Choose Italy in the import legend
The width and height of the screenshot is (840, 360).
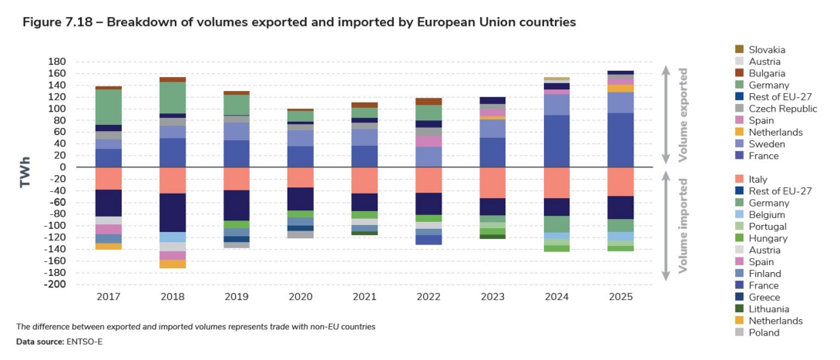[758, 180]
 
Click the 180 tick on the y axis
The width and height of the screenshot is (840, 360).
[56, 62]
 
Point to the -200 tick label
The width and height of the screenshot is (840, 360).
[53, 284]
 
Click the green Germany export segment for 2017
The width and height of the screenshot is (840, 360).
[109, 106]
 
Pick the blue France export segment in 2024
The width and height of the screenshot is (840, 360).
[556, 140]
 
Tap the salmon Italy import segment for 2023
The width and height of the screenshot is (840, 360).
[492, 183]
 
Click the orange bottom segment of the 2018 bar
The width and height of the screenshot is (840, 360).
[173, 264]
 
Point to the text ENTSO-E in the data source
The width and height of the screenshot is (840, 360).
[82, 341]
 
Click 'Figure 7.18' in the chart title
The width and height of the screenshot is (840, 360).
[54, 23]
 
